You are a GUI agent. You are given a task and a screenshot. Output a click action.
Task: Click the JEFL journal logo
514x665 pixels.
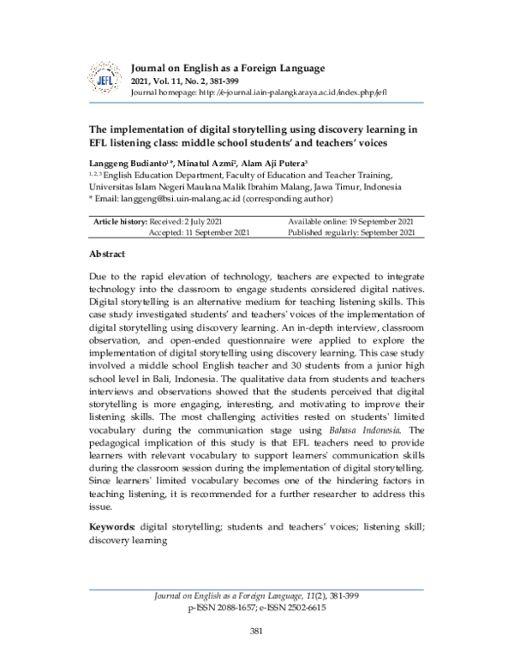pos(105,78)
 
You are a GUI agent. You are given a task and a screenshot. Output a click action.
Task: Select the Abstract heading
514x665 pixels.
pos(107,255)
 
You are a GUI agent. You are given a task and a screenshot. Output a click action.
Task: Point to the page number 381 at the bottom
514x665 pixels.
pos(255,632)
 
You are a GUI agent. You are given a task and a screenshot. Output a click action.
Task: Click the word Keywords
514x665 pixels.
pos(112,527)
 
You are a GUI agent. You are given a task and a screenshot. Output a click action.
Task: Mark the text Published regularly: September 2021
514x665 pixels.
pos(352,233)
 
